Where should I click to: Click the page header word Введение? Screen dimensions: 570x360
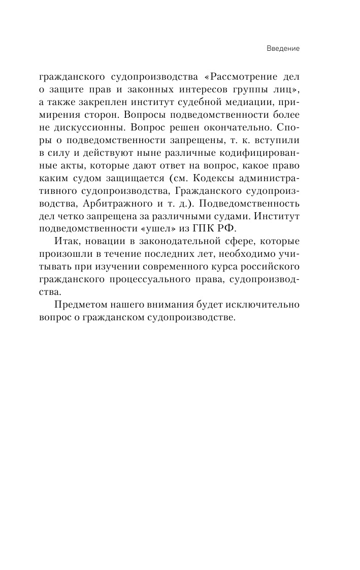283,49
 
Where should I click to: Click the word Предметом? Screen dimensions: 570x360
80,306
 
